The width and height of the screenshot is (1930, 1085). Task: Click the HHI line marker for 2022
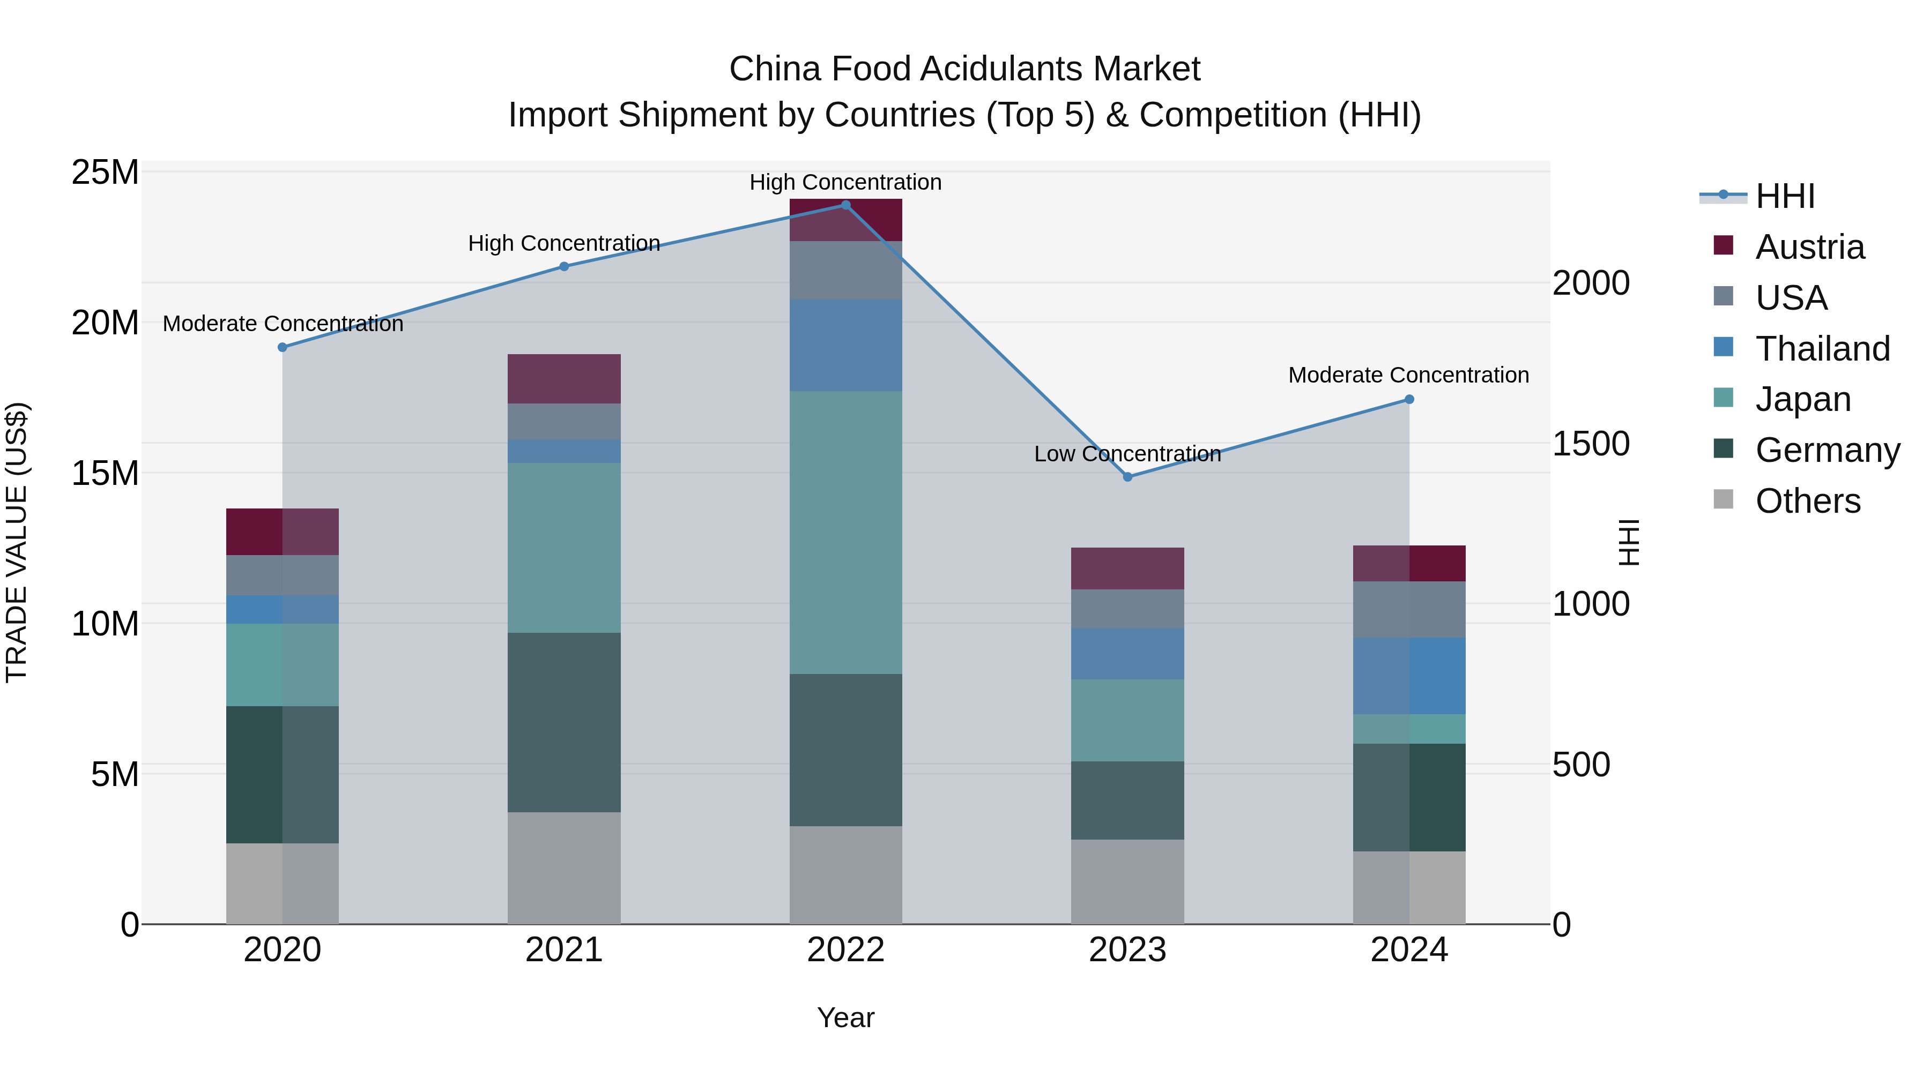pyautogui.click(x=846, y=205)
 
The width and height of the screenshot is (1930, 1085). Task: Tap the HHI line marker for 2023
pyautogui.click(x=1127, y=477)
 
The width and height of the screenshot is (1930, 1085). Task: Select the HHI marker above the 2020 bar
pyautogui.click(x=283, y=347)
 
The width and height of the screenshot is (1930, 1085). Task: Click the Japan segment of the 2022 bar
pyautogui.click(x=846, y=533)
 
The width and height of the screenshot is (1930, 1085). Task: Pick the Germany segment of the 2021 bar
pyautogui.click(x=564, y=723)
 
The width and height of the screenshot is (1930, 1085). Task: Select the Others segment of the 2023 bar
pyautogui.click(x=1127, y=881)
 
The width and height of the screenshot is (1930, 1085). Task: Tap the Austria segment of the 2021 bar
pyautogui.click(x=564, y=379)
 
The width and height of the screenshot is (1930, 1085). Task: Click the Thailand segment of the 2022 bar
pyautogui.click(x=846, y=345)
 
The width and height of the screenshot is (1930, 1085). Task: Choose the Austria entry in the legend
pyautogui.click(x=1809, y=247)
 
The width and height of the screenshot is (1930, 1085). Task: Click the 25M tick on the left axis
pyautogui.click(x=105, y=173)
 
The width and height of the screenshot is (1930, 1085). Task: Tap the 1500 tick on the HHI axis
pyautogui.click(x=1591, y=444)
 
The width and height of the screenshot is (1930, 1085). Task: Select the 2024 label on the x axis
pyautogui.click(x=1408, y=950)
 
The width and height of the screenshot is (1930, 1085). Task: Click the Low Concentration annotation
pyautogui.click(x=1127, y=454)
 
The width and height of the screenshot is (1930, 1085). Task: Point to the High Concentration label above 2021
pyautogui.click(x=563, y=243)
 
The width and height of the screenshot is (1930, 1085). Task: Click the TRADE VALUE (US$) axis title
pyautogui.click(x=17, y=542)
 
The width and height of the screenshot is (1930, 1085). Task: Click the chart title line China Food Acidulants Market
pyautogui.click(x=964, y=69)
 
